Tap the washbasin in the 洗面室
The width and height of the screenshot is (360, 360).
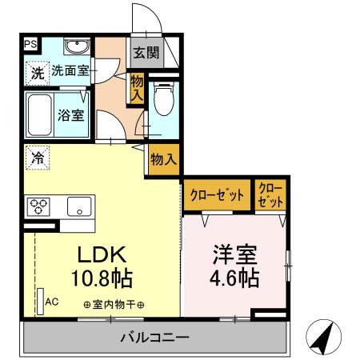78,45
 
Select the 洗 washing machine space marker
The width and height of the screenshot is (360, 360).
37,72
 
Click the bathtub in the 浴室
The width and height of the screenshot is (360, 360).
41,114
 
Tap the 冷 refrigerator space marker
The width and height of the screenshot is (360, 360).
37,157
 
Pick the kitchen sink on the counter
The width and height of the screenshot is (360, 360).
81,206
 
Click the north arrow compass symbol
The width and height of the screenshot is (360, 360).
322,339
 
